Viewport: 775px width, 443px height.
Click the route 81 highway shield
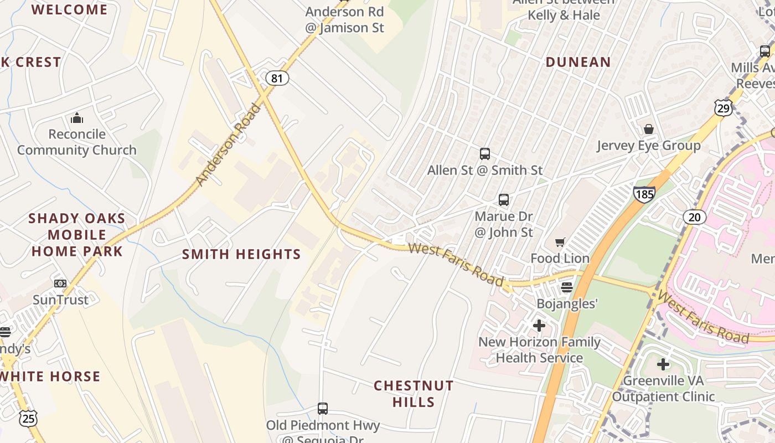[x=277, y=78]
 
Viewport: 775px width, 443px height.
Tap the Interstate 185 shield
[x=644, y=194]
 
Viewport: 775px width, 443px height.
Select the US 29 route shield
[x=724, y=107]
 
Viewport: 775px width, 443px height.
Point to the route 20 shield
[x=694, y=217]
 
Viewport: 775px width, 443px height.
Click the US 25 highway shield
[x=28, y=419]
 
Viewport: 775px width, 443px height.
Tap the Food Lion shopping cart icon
[x=560, y=242]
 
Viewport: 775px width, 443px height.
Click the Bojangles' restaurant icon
[x=566, y=287]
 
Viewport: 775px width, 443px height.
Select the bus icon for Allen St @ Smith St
[x=485, y=153]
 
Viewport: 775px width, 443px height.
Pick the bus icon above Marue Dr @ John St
[x=503, y=199]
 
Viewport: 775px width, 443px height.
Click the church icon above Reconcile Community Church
[x=76, y=118]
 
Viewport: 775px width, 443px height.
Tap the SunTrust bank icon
[x=60, y=284]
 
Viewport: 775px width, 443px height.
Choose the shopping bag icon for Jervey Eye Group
[x=648, y=129]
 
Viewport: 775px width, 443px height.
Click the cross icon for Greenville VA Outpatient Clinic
[x=663, y=364]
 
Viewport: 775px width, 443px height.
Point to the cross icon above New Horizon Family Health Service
[x=539, y=326]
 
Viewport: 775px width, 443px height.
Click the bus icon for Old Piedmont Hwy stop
[x=323, y=409]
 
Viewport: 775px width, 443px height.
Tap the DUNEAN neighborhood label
[x=578, y=62]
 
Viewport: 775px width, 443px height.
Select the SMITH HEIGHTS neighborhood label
[x=241, y=254]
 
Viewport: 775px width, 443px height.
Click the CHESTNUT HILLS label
[x=414, y=393]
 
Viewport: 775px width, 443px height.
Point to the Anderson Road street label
[x=228, y=144]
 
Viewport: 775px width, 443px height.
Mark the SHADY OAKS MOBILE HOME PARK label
[x=76, y=235]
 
